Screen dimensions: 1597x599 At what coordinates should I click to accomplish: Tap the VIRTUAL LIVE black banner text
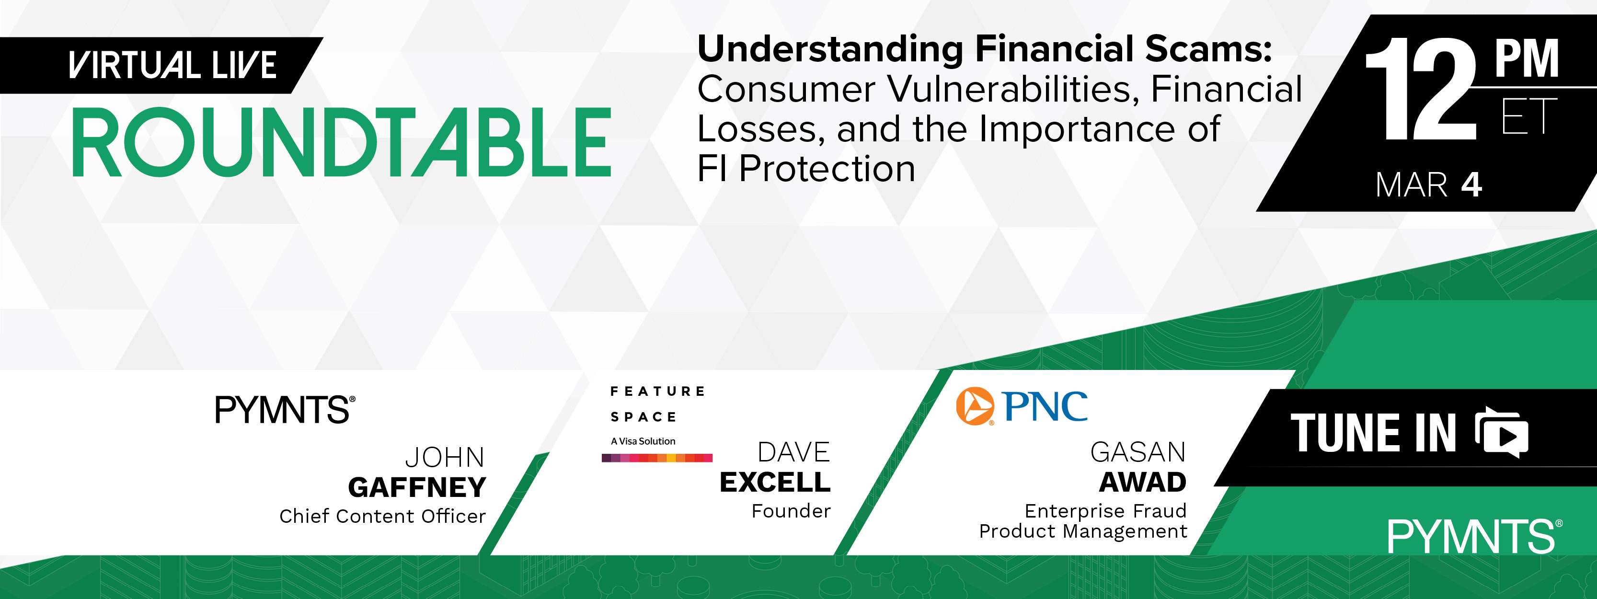pyautogui.click(x=172, y=65)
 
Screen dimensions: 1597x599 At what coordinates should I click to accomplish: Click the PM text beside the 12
pyautogui.click(x=1526, y=58)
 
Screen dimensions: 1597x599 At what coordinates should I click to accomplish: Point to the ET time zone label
pyautogui.click(x=1529, y=116)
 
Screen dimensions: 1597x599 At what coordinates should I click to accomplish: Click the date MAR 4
pyautogui.click(x=1428, y=185)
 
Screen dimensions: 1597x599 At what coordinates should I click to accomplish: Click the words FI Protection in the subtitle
pyautogui.click(x=806, y=168)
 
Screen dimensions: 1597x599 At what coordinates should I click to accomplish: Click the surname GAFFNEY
pyautogui.click(x=417, y=487)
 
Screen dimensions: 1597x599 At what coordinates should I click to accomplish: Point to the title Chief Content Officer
pyautogui.click(x=382, y=516)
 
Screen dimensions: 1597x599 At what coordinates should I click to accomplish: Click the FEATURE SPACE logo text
pyautogui.click(x=657, y=403)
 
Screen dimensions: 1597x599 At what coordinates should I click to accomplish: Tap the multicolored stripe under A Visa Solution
pyautogui.click(x=656, y=458)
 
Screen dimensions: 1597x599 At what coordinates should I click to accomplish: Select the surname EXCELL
pyautogui.click(x=775, y=483)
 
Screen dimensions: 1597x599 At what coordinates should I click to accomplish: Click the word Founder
pyautogui.click(x=791, y=511)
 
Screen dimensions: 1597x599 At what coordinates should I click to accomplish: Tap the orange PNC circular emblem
pyautogui.click(x=975, y=406)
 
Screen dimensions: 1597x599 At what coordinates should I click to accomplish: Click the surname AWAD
pyautogui.click(x=1143, y=483)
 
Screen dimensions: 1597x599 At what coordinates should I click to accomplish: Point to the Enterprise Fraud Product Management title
pyautogui.click(x=1083, y=521)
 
